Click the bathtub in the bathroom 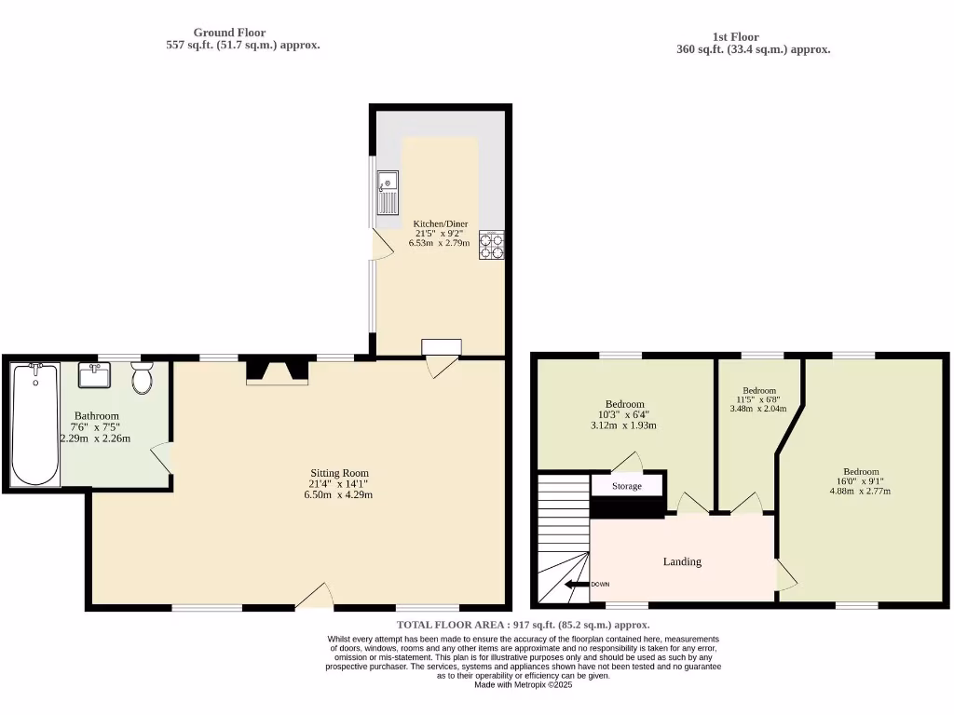pyautogui.click(x=35, y=424)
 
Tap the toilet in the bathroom pyautogui.click(x=142, y=379)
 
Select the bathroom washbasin pyautogui.click(x=95, y=376)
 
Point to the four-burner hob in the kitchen pyautogui.click(x=492, y=244)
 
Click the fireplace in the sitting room pyautogui.click(x=277, y=371)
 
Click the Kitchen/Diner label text pyautogui.click(x=440, y=223)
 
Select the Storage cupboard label pyautogui.click(x=627, y=486)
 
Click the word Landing pyautogui.click(x=682, y=561)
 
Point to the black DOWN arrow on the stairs pyautogui.click(x=576, y=585)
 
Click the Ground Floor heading pyautogui.click(x=229, y=33)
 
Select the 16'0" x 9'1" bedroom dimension pyautogui.click(x=861, y=481)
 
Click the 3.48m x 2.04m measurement pyautogui.click(x=758, y=409)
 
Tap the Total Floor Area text pyautogui.click(x=523, y=625)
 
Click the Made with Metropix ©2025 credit pyautogui.click(x=523, y=684)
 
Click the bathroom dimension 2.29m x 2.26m pyautogui.click(x=96, y=438)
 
